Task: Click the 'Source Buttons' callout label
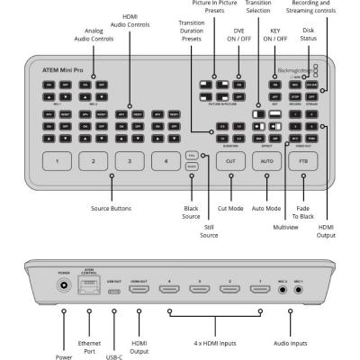pos(112,208)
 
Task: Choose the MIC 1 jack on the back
pos(298,290)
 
